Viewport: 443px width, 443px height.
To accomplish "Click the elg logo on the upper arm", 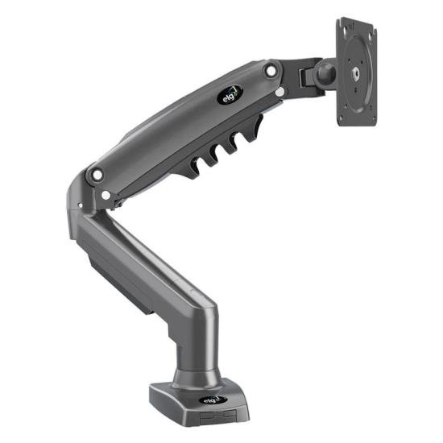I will pos(230,94).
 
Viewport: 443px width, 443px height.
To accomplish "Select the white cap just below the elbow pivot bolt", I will pos(106,194).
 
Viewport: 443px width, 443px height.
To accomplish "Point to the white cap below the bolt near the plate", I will pos(279,92).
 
